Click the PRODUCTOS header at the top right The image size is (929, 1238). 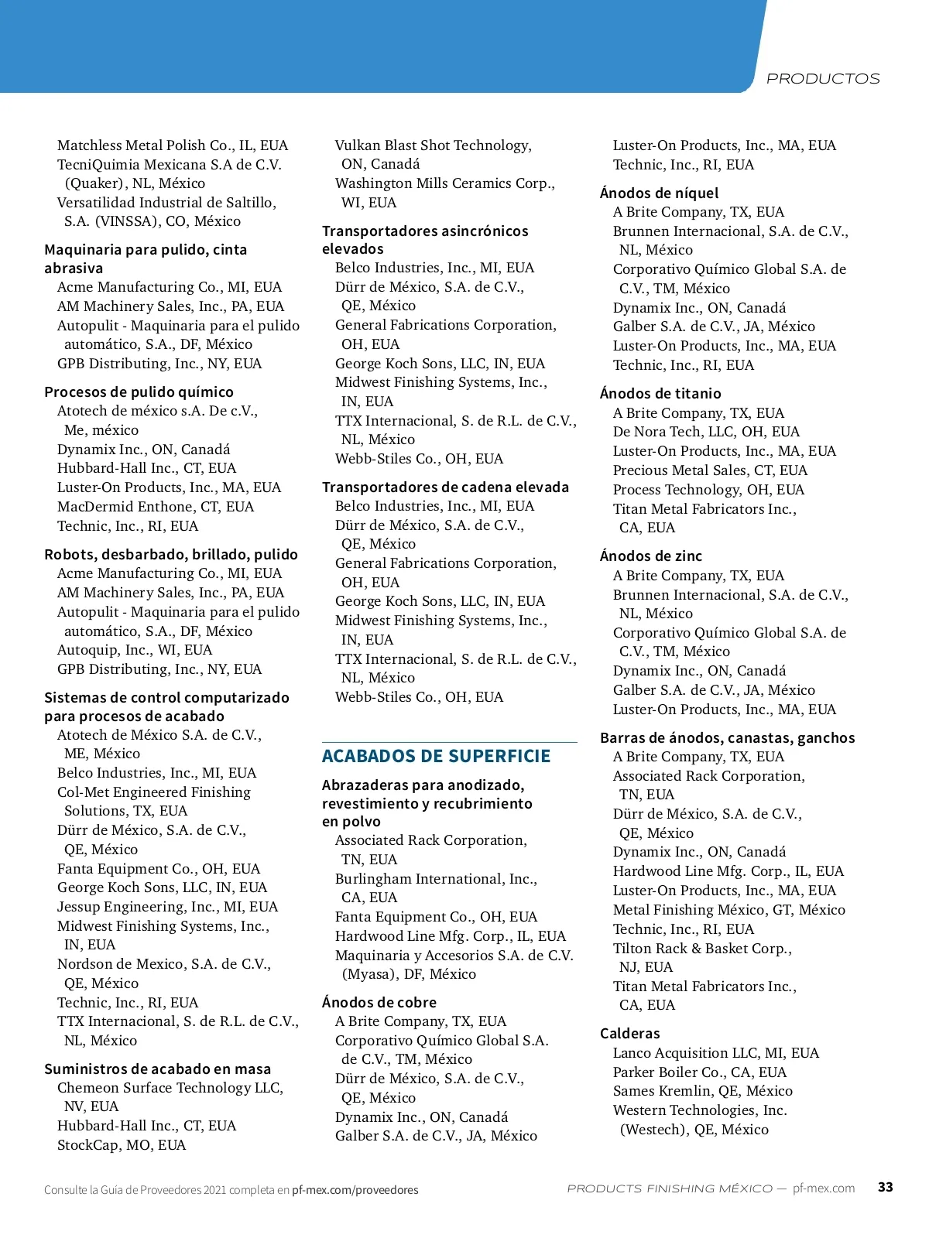[822, 79]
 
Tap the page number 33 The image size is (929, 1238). [885, 1187]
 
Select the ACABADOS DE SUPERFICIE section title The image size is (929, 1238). [436, 756]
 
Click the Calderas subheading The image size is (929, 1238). [629, 1033]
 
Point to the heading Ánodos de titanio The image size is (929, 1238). [660, 393]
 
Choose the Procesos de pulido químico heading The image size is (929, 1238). [139, 392]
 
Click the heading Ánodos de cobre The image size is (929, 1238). [379, 1002]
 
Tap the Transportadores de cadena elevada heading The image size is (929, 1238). [445, 487]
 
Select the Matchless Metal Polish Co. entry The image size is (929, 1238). [172, 145]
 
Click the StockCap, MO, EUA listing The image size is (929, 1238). [122, 1144]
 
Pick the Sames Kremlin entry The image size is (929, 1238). [702, 1090]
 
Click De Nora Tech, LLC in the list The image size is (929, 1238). [706, 431]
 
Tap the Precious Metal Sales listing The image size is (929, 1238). [710, 470]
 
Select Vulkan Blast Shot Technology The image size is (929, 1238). [433, 145]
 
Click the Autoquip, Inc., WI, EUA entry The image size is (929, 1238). [134, 649]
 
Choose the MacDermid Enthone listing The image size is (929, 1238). [155, 506]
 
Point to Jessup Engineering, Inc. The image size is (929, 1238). [167, 906]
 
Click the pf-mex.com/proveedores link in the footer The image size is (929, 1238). [355, 1190]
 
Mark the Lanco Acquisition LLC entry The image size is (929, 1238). [715, 1052]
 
